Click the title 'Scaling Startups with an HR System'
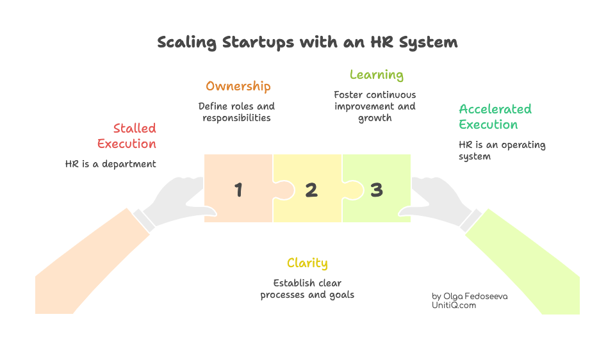tap(307, 43)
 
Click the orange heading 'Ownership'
tap(238, 86)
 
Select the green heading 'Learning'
tap(376, 75)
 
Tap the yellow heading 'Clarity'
tap(307, 263)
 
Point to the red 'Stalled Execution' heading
tap(127, 136)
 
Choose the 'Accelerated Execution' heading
tap(494, 117)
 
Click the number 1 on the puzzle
tap(238, 190)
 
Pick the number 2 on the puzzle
tap(311, 190)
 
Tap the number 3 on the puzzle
tap(377, 190)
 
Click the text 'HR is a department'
tap(110, 164)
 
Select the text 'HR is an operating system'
tap(501, 151)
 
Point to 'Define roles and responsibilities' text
tap(236, 112)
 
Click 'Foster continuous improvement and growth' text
tap(375, 106)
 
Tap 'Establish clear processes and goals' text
tap(307, 289)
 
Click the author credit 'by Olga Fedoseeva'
tap(470, 297)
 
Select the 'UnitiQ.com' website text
tap(454, 306)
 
